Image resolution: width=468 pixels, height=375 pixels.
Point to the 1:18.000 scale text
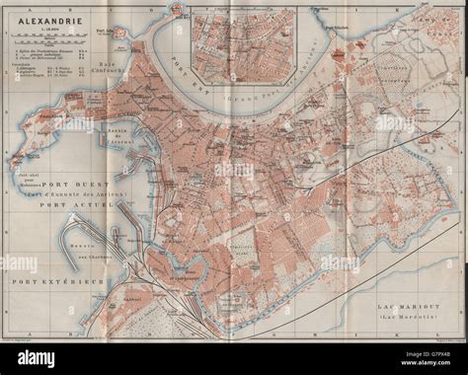pos(41,27)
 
